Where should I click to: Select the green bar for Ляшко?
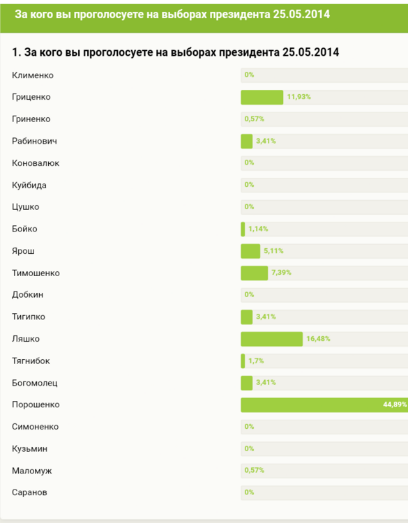coord(271,339)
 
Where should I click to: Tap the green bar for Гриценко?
coord(262,97)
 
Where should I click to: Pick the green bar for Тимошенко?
coord(254,273)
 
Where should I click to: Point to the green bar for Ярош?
coord(250,251)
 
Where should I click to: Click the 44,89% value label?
coord(395,404)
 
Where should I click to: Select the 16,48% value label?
coord(318,339)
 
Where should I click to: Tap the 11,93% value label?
coord(299,97)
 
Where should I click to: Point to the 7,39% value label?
coord(281,273)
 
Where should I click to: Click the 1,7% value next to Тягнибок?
coord(256,361)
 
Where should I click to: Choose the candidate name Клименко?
coord(33,75)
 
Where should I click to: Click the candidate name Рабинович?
coord(34,141)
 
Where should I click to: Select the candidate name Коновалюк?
coord(36,163)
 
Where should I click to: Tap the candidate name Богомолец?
coord(35,383)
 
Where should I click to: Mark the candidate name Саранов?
coord(30,492)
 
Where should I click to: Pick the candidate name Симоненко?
coord(36,427)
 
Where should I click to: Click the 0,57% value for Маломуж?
coord(255,470)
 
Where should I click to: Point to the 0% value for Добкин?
coord(249,294)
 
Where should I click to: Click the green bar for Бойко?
coord(243,229)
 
